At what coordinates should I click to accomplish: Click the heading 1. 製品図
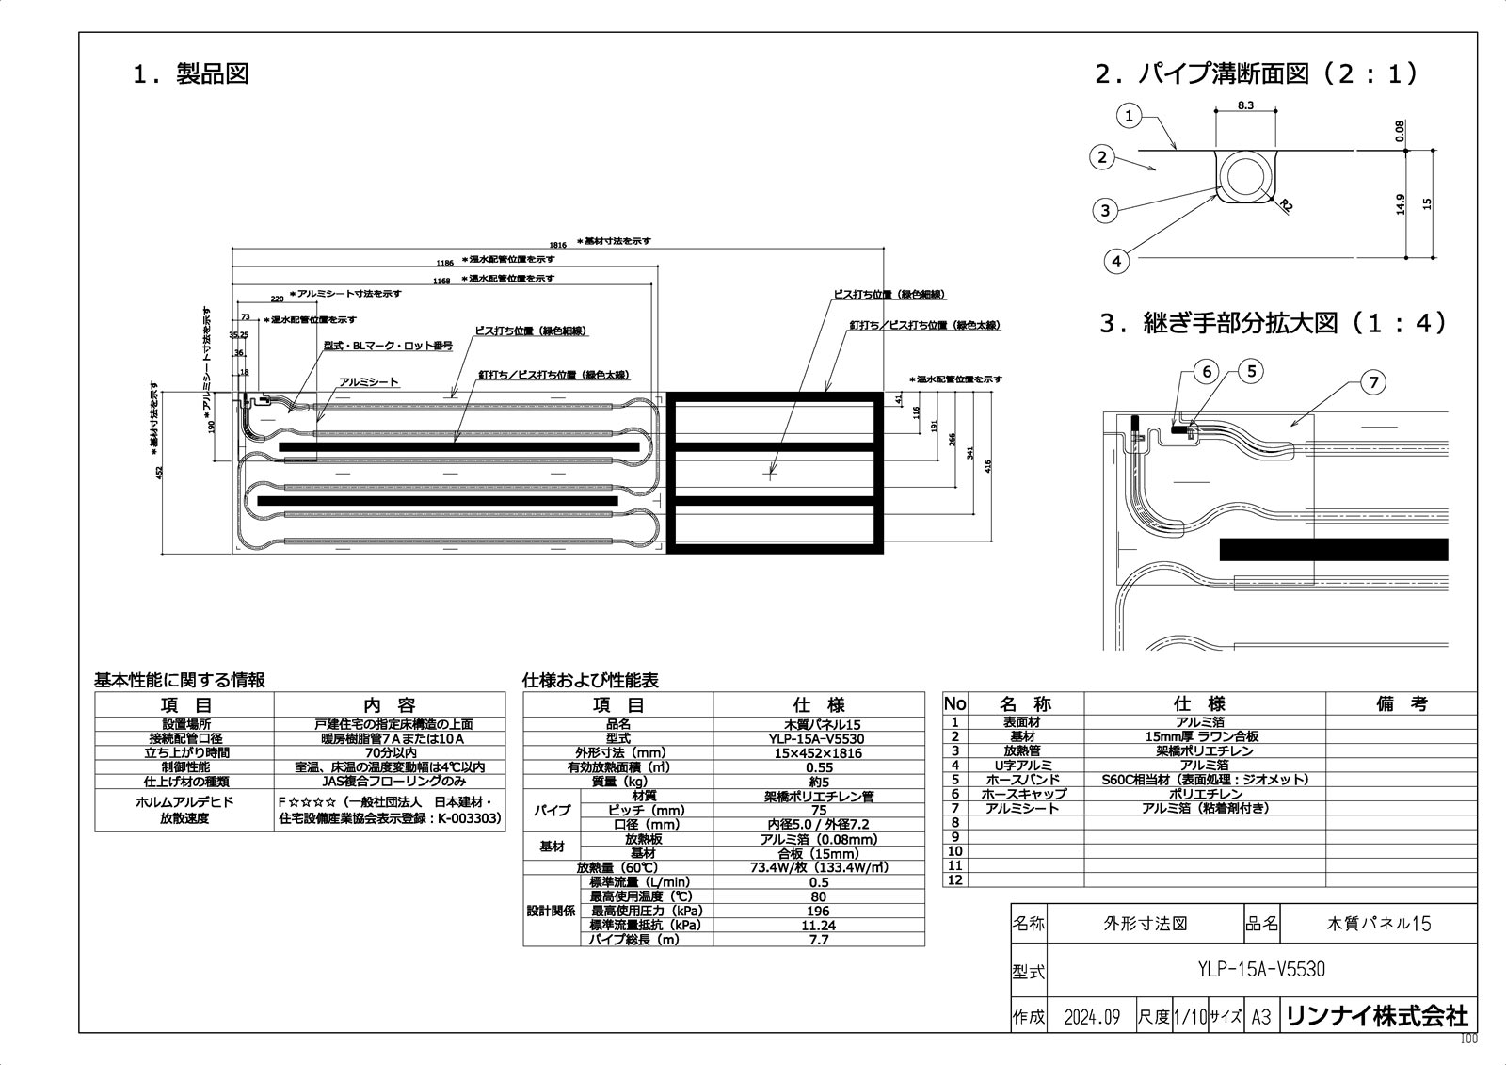[191, 74]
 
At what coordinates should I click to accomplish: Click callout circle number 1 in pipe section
[1129, 117]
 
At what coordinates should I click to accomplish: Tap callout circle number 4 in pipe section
[1116, 261]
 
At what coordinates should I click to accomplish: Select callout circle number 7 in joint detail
[1373, 382]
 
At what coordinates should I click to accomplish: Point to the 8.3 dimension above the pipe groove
[1245, 105]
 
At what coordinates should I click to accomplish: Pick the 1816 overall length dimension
[558, 243]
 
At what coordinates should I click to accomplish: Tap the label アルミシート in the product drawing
[369, 383]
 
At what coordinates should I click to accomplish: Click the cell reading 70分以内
[389, 752]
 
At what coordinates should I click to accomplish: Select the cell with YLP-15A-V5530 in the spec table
[818, 739]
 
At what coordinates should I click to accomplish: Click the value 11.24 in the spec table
[818, 926]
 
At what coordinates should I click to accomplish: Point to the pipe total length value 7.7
[818, 940]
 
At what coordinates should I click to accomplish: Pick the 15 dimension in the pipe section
[1428, 202]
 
